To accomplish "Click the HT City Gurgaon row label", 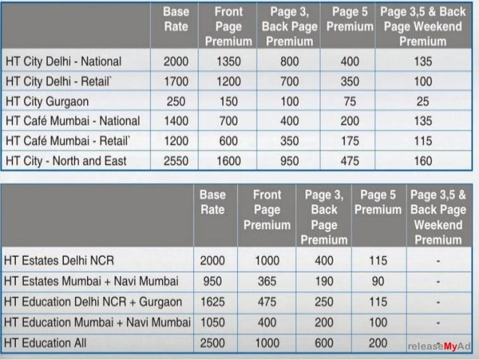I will [46, 101].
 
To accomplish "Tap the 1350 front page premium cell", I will [228, 61].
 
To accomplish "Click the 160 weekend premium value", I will [423, 161].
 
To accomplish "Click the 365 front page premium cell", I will [267, 281].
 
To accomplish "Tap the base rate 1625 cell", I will [212, 302].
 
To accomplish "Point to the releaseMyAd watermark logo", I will [438, 346].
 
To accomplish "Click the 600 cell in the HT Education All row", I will [324, 343].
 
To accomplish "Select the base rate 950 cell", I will [212, 281].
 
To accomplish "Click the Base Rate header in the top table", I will [176, 20].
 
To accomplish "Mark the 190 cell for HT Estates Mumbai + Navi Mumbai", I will [324, 281].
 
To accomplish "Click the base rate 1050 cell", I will [212, 322].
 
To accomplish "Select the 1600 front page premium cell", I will [228, 161].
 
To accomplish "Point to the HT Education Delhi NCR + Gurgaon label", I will [93, 302].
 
